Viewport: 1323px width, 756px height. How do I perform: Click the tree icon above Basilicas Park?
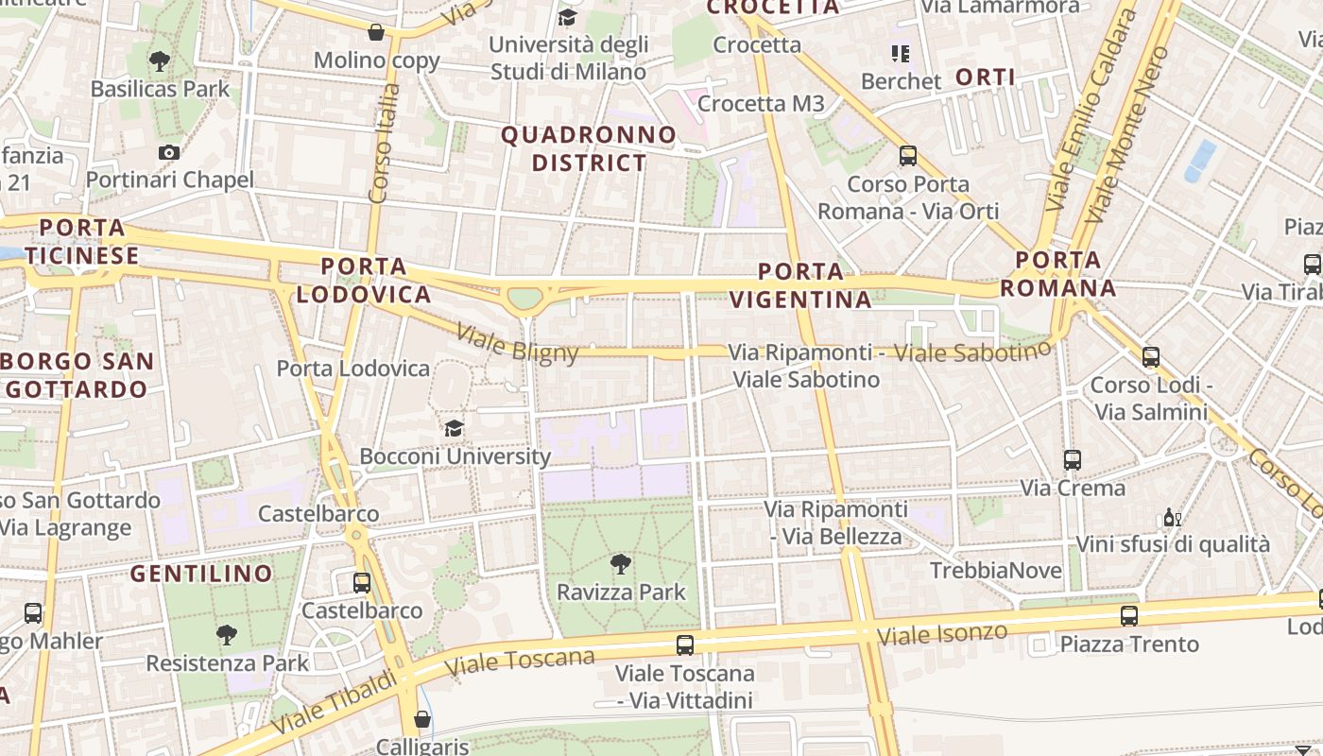[x=160, y=61]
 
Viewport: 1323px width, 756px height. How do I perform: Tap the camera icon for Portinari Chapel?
[x=169, y=152]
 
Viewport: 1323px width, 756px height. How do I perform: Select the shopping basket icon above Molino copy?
[x=376, y=32]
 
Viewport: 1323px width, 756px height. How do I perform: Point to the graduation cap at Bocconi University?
[x=455, y=428]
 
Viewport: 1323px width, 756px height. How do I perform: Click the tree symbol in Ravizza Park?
[x=621, y=564]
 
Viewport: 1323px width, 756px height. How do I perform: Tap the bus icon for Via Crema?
[x=1073, y=460]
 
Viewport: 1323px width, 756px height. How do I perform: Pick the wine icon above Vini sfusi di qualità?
[x=1172, y=517]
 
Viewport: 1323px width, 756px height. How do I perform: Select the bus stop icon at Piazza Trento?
[x=1129, y=616]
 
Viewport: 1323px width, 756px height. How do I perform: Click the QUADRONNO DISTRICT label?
[x=589, y=148]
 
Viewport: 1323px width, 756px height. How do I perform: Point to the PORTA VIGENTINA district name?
[x=800, y=285]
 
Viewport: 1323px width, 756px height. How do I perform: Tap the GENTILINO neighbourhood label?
[x=201, y=574]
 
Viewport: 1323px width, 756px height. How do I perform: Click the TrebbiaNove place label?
[x=996, y=571]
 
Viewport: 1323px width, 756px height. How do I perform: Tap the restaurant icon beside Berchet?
[x=900, y=54]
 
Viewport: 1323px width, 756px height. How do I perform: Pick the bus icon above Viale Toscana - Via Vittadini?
[x=685, y=645]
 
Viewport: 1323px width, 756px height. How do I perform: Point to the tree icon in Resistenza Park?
[x=227, y=634]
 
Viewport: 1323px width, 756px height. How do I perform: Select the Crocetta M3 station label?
[x=761, y=104]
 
